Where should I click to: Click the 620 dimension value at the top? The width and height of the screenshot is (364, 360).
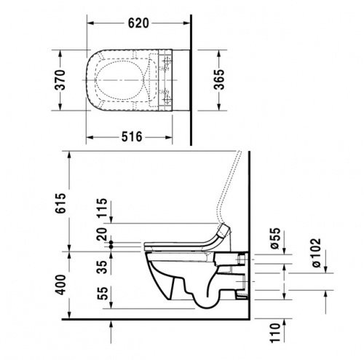tap(139, 23)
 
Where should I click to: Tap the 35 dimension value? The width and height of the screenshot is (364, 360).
tap(101, 260)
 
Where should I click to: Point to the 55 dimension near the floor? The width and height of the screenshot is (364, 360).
tap(101, 294)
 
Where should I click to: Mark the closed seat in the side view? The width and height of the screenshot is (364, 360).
tap(182, 241)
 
